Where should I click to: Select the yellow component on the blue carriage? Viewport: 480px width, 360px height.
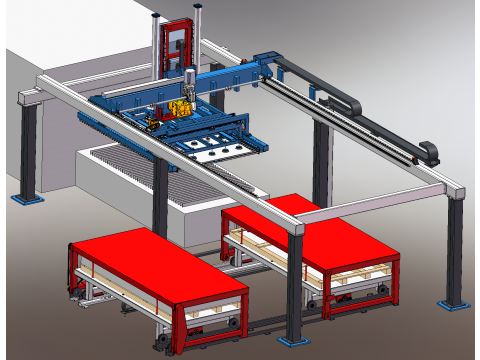coord(181,109)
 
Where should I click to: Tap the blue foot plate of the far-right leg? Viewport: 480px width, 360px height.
coord(454,301)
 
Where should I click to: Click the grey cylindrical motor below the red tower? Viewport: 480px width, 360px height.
coord(187,79)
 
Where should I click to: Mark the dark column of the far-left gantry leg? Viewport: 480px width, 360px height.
coord(29,150)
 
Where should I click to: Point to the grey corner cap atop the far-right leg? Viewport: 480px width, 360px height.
coord(455,192)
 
